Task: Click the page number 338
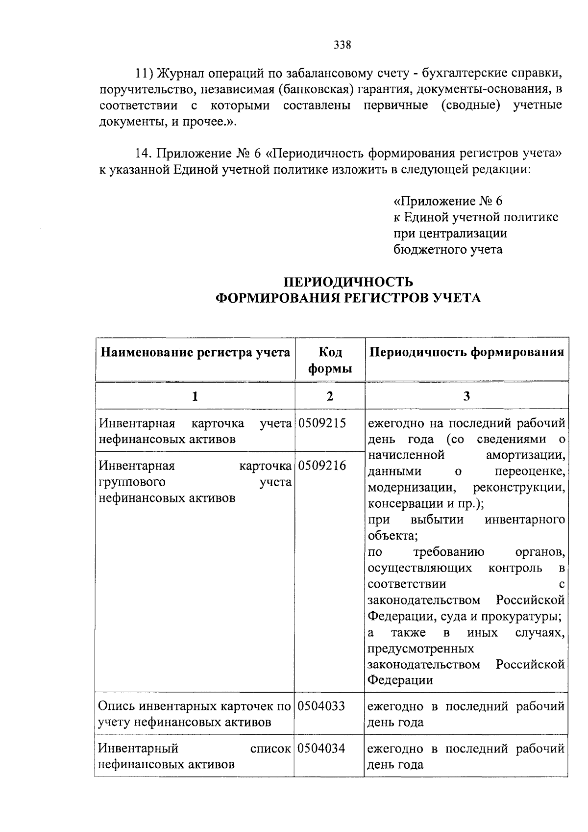coord(343,46)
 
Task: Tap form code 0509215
coord(322,423)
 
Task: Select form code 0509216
coord(322,466)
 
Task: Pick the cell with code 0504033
coord(321,706)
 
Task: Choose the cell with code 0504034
coord(321,748)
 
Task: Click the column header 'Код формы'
coord(330,360)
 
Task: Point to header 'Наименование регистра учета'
coord(195,352)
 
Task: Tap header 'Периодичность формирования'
coord(466,352)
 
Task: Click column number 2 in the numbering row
coord(330,396)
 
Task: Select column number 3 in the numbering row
coord(466,396)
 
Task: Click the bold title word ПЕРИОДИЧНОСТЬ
coord(348,282)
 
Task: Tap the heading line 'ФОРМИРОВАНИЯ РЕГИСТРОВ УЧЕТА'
coord(348,298)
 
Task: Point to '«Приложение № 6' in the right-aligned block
coord(448,201)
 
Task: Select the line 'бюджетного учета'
coord(448,249)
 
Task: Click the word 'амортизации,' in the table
coord(525,455)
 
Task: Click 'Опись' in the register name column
coord(117,706)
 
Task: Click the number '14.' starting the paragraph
coord(145,154)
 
